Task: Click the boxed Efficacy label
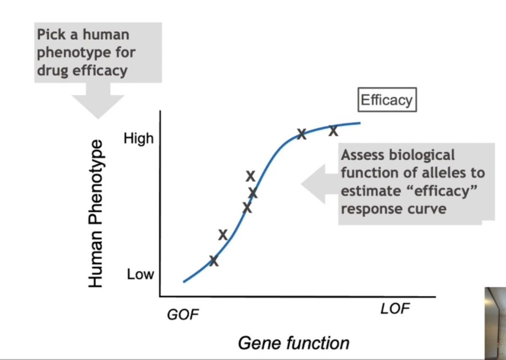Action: coord(387,100)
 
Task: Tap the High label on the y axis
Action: coord(138,138)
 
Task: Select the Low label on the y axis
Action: coord(140,275)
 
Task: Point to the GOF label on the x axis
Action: coord(183,314)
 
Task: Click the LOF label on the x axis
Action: coord(395,309)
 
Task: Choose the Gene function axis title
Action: coord(293,343)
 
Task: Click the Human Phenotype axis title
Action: coord(96,213)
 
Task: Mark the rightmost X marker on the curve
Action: coord(333,131)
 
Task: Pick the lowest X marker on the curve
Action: coord(214,261)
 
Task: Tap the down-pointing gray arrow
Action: coord(98,101)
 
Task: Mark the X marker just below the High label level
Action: coord(301,134)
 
